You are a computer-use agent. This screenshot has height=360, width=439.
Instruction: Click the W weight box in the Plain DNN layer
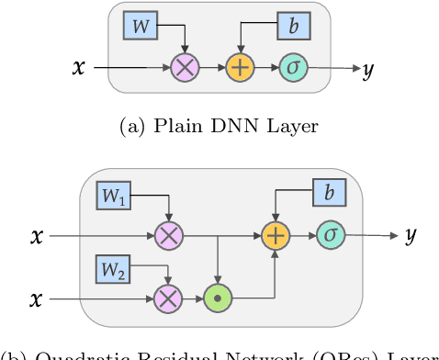click(141, 27)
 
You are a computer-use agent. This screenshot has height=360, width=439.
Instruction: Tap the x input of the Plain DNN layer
click(80, 67)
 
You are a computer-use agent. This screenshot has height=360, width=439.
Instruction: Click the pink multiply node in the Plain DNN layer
click(186, 68)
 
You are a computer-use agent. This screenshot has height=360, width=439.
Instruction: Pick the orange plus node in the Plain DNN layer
click(240, 68)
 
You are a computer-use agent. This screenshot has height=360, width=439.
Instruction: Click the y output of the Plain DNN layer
click(367, 69)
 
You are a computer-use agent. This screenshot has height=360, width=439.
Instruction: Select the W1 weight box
click(114, 195)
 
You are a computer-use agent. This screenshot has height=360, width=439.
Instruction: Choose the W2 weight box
click(114, 270)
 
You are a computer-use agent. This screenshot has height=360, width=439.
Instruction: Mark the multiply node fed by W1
click(169, 236)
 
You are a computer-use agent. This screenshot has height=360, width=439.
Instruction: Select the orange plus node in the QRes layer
click(275, 236)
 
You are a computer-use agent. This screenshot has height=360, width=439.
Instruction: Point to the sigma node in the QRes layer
click(330, 236)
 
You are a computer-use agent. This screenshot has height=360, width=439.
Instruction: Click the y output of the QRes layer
click(410, 237)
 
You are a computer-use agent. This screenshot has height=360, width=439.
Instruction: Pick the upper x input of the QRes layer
click(37, 236)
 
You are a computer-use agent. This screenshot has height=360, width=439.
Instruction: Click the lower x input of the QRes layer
click(37, 298)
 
